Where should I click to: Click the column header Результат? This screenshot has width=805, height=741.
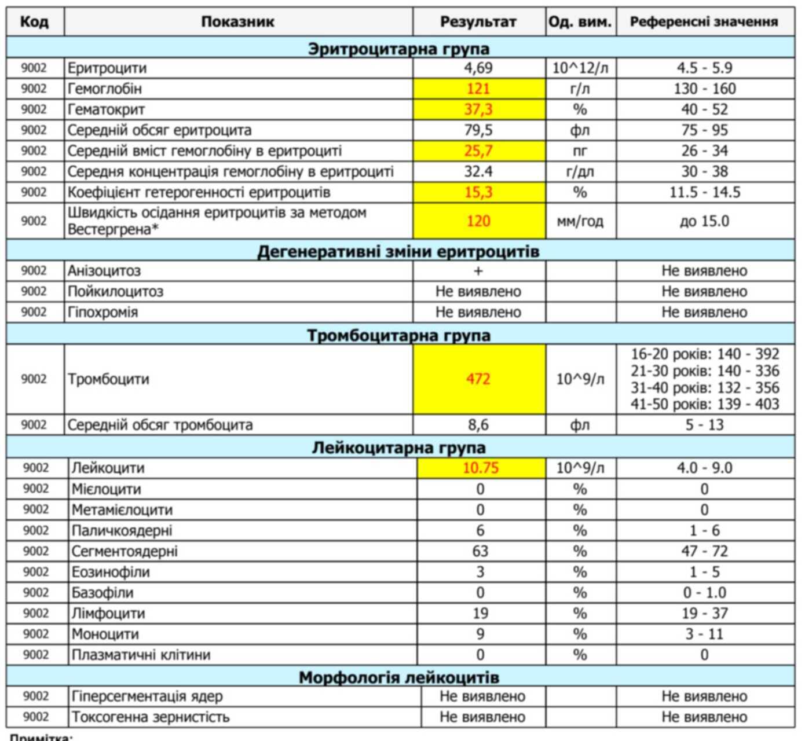click(478, 22)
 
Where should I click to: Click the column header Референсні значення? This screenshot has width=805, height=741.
click(704, 22)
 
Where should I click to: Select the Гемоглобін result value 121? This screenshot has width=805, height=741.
click(478, 89)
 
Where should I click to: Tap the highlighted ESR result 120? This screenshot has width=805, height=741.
click(478, 221)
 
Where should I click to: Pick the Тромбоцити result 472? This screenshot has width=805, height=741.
click(478, 379)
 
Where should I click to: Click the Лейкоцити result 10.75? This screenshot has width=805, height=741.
click(480, 468)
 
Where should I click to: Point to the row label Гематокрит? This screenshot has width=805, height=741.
click(106, 109)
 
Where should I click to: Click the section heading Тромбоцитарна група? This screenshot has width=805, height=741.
click(398, 335)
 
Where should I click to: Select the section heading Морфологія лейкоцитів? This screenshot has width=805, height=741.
click(398, 677)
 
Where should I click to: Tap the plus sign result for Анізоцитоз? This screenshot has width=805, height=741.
click(478, 271)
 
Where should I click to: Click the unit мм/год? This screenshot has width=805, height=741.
click(580, 221)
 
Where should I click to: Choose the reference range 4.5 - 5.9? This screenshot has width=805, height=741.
click(704, 68)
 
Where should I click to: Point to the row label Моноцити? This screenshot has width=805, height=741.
click(105, 634)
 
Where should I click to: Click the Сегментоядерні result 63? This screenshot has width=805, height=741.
click(480, 551)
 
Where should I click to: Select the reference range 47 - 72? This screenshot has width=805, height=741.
click(704, 551)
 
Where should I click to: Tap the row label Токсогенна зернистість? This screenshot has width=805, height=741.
click(151, 717)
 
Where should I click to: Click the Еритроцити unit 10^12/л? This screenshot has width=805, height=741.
click(580, 68)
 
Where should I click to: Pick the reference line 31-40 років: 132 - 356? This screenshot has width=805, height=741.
click(704, 387)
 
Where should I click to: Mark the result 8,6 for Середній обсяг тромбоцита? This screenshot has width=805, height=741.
click(478, 425)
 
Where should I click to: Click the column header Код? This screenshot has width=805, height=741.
click(34, 22)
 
